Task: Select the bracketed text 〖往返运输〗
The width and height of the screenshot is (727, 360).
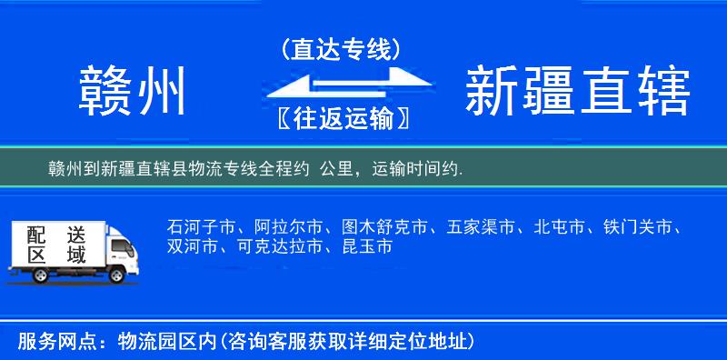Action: click(342, 119)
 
